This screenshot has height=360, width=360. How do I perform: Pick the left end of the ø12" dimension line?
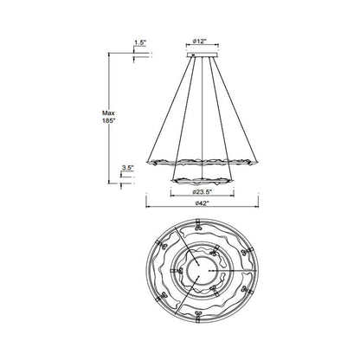pos(185,49)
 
